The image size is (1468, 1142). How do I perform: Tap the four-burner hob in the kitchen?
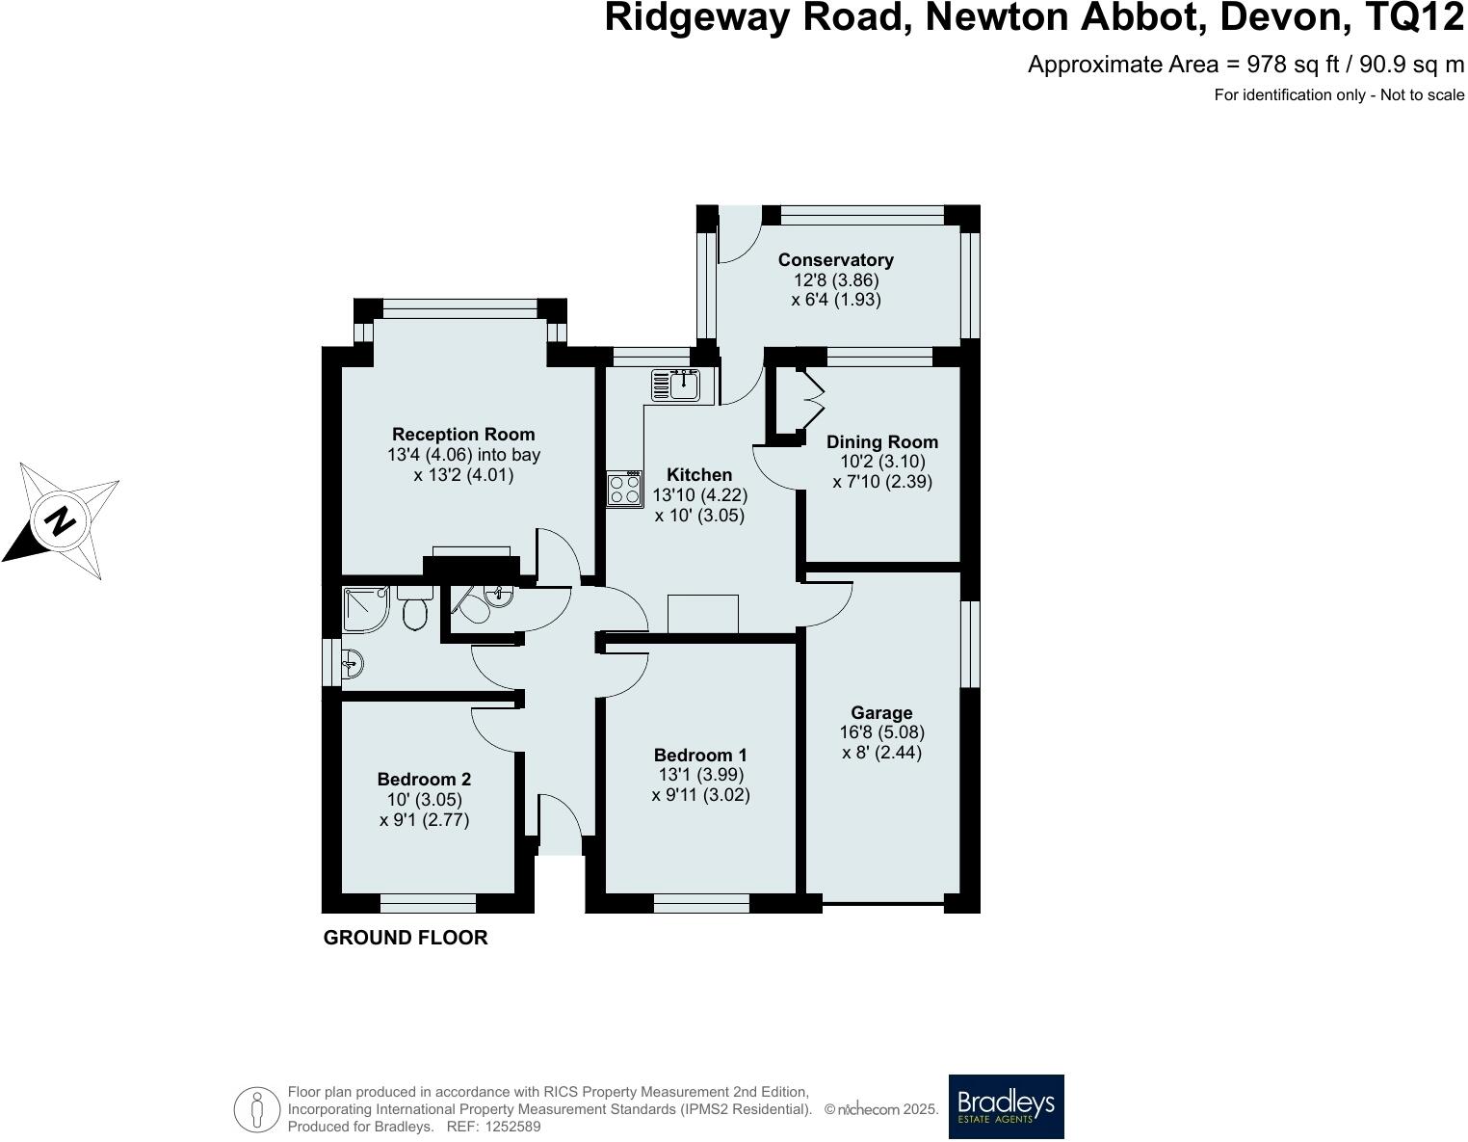[624, 490]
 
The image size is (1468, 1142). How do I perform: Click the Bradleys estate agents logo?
[1007, 1106]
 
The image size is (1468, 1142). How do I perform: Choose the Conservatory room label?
[835, 260]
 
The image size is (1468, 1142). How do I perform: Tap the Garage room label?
[881, 713]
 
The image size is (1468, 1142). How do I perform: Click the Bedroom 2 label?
[424, 780]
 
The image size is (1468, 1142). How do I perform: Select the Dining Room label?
[882, 442]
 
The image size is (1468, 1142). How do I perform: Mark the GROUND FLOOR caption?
[406, 938]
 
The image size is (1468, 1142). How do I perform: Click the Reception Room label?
[463, 435]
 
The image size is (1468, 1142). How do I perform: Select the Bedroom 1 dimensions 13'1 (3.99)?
[699, 775]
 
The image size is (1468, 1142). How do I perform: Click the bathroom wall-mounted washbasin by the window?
[352, 663]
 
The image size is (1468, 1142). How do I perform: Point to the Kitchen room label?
[699, 475]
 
